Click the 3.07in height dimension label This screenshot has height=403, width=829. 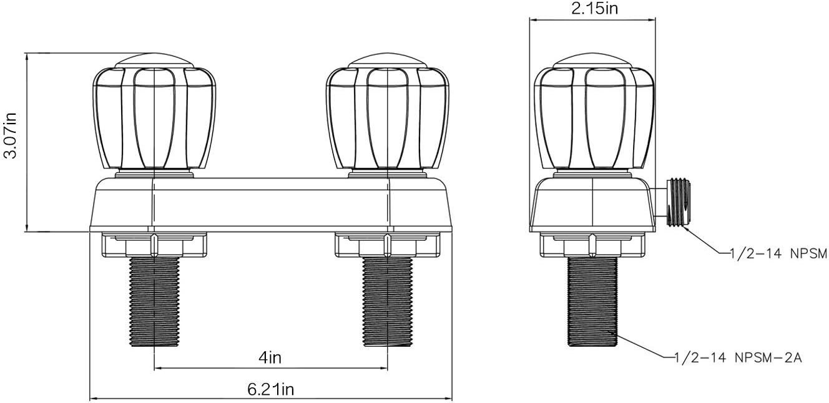(11, 135)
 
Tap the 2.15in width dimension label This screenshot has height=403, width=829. (595, 8)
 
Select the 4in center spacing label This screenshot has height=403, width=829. (270, 357)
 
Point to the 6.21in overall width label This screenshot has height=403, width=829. (270, 389)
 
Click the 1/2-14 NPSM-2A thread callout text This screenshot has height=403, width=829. (738, 358)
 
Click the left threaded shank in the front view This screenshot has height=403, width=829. (154, 302)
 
